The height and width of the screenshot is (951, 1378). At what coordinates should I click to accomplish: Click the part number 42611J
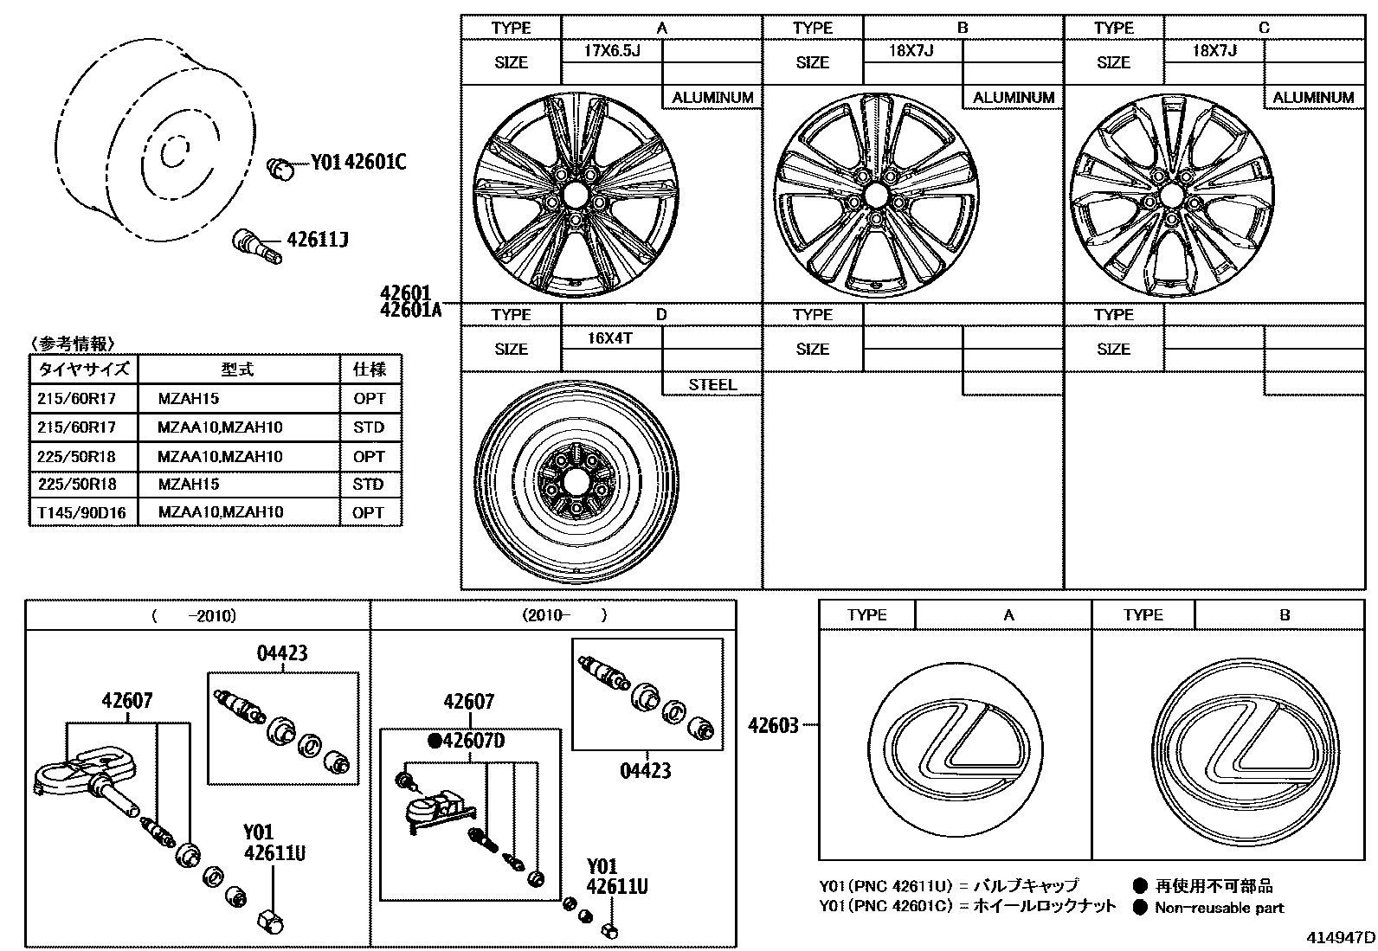pyautogui.click(x=318, y=240)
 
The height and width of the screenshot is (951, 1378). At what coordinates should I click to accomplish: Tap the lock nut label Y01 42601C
pyautogui.click(x=358, y=162)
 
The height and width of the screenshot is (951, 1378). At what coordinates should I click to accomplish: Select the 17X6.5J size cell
pyautogui.click(x=611, y=51)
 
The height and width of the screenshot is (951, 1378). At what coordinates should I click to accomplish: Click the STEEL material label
pyautogui.click(x=712, y=385)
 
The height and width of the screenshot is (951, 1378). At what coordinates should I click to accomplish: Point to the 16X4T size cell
pyautogui.click(x=611, y=338)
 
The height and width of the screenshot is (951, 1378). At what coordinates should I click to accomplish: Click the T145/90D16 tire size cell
pyautogui.click(x=81, y=513)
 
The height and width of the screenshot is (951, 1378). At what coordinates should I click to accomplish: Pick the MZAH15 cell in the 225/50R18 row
pyautogui.click(x=189, y=485)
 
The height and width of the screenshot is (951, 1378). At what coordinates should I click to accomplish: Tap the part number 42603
pyautogui.click(x=773, y=726)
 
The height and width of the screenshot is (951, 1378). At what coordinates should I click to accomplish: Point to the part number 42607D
pyautogui.click(x=467, y=742)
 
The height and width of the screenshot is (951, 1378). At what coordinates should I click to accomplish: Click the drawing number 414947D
pyautogui.click(x=1341, y=937)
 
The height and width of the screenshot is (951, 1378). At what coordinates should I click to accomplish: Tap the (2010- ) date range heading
pyautogui.click(x=563, y=616)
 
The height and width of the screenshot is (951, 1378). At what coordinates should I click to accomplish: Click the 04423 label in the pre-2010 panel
pyautogui.click(x=282, y=653)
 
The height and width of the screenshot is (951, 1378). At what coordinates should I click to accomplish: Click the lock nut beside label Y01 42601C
pyautogui.click(x=279, y=167)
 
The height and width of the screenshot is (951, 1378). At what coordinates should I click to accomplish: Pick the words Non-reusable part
pyautogui.click(x=1220, y=908)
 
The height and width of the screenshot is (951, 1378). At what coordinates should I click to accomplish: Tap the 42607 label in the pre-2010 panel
pyautogui.click(x=127, y=701)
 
